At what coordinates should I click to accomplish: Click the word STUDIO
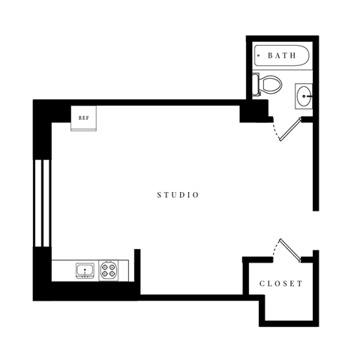point(178,195)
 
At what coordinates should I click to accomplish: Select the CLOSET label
point(281,283)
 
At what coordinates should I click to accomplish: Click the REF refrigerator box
point(83,117)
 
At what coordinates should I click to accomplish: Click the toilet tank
point(256,84)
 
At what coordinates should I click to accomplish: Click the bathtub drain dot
point(259,55)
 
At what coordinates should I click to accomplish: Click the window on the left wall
point(42,202)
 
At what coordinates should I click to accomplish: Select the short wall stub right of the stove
point(136,266)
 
